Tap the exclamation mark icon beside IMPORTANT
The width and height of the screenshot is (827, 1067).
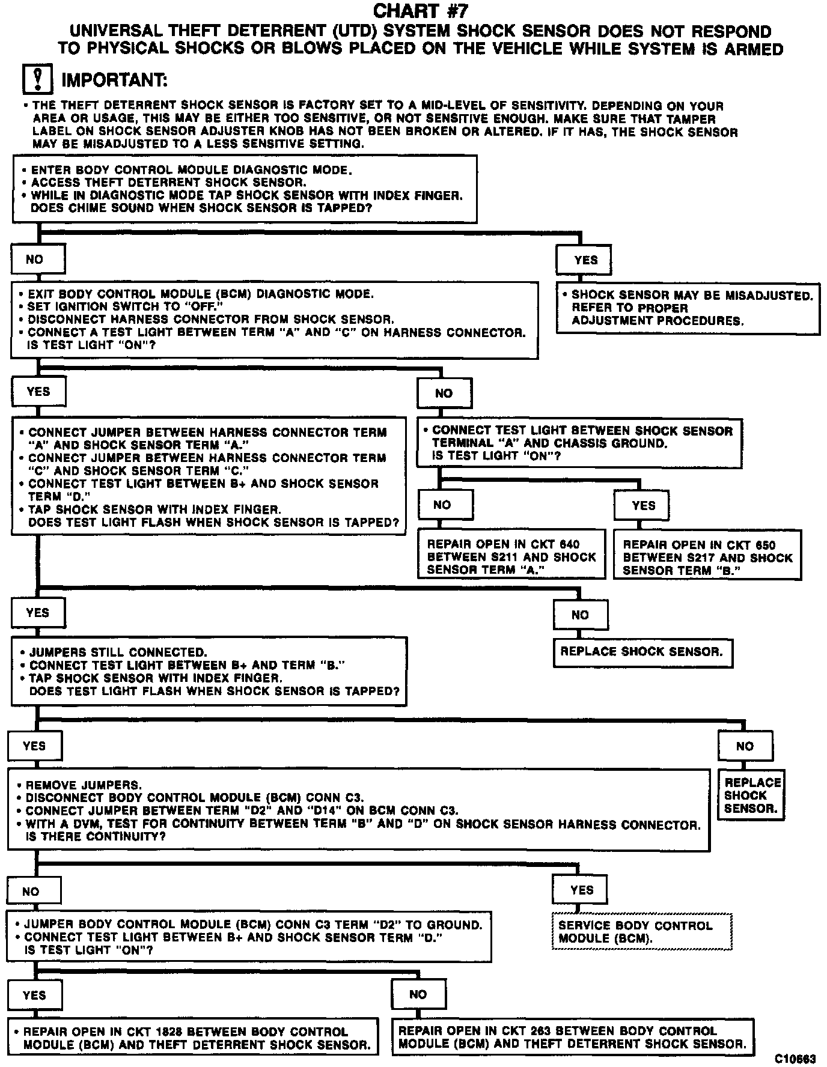click(37, 79)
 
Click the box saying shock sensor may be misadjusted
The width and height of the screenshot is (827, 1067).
click(688, 308)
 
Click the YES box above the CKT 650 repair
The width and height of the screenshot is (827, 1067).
click(642, 506)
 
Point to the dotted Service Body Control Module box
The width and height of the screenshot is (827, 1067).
click(642, 932)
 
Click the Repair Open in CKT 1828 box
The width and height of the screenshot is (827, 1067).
click(193, 1038)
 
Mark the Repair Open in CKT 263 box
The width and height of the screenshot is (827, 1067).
click(572, 1038)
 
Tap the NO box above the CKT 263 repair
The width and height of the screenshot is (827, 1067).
click(418, 994)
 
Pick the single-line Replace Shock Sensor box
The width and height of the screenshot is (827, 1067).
click(642, 652)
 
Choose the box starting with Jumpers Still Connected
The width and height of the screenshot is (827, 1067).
click(209, 672)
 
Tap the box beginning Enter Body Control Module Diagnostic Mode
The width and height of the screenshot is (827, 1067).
click(245, 189)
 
